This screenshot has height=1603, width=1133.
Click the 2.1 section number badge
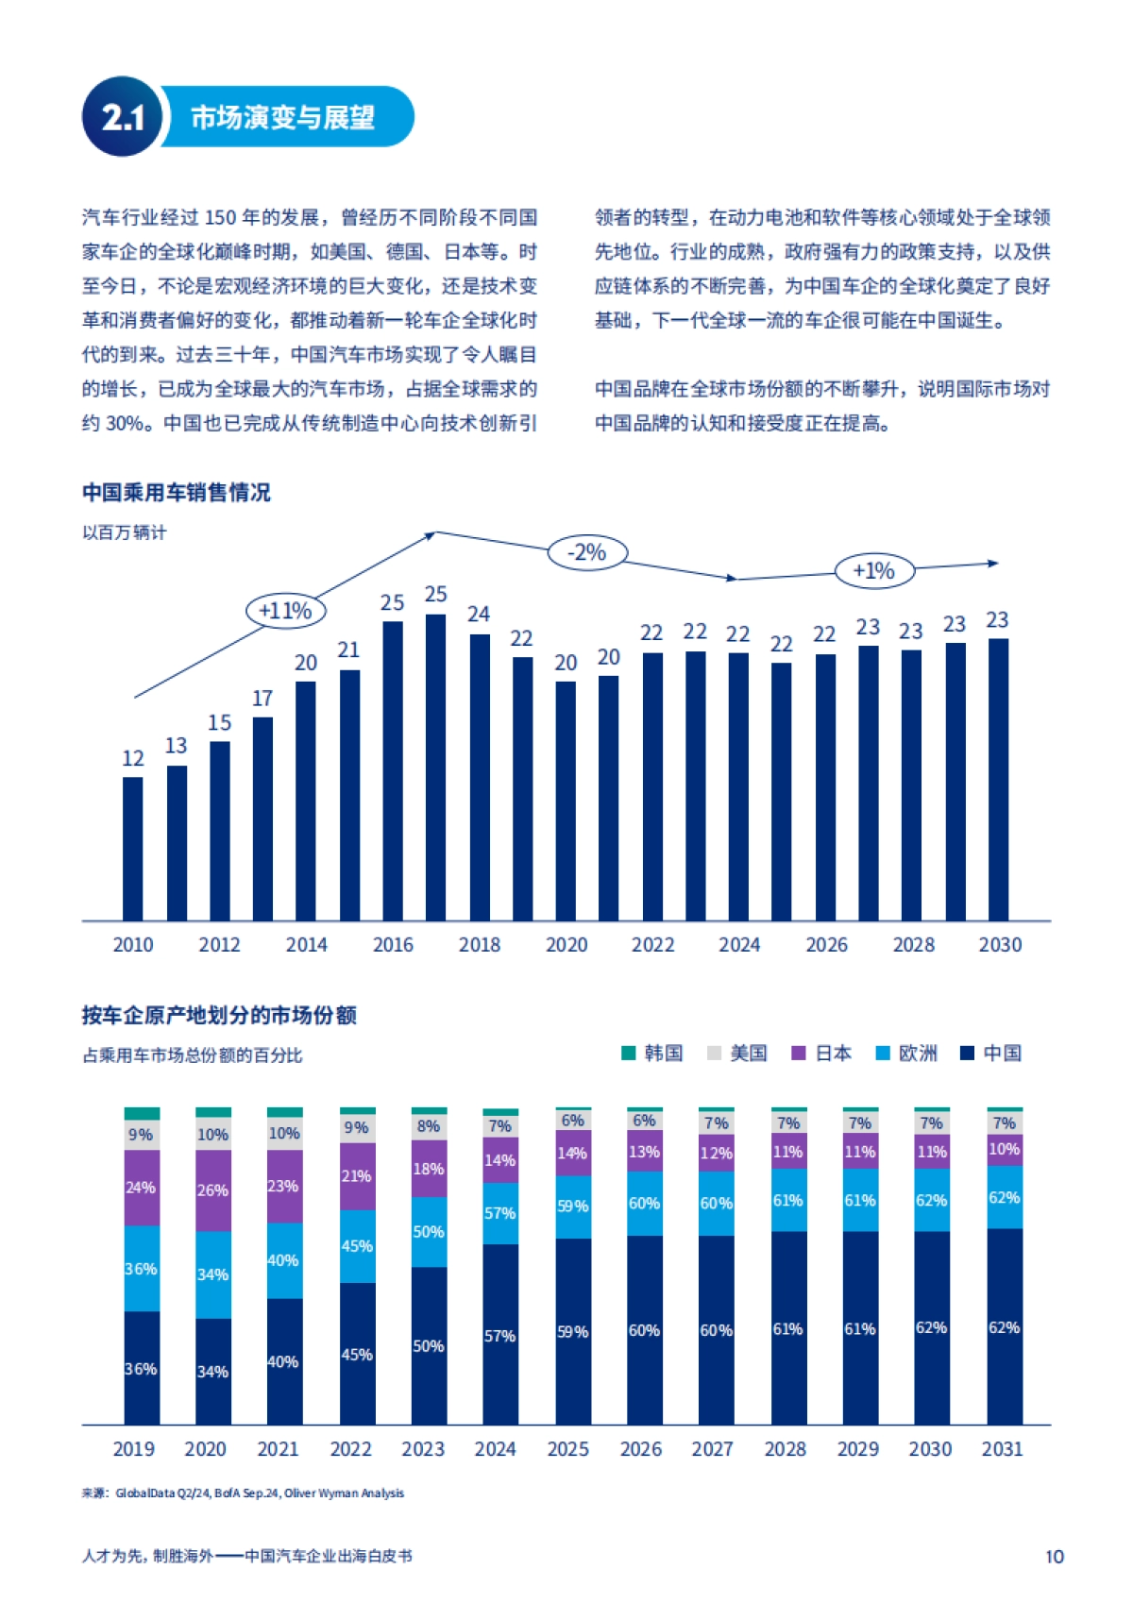122,117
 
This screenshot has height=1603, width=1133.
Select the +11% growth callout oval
285,611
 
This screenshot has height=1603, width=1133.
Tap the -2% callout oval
587,552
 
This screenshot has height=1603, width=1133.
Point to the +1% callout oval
873,570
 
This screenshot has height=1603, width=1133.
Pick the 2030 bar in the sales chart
998,779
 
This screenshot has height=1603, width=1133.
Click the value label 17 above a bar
262,699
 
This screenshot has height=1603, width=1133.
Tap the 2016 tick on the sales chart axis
393,945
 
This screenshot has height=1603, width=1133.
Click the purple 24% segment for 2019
142,1187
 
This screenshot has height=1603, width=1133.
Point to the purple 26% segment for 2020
213,1190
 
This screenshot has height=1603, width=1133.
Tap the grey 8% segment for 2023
429,1126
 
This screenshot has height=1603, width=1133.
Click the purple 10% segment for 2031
1004,1149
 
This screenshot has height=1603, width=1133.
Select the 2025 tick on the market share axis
567,1449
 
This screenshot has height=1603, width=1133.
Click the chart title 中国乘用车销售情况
177,492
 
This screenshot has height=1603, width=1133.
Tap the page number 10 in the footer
1054,1557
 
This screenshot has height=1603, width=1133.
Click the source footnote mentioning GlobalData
243,1493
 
